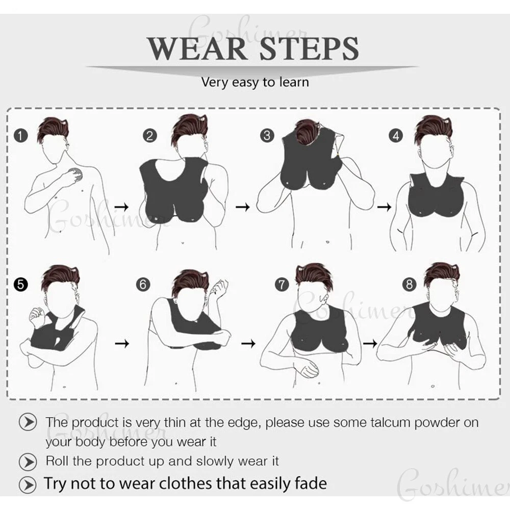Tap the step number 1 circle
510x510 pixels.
tap(21, 136)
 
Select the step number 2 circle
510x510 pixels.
tap(150, 136)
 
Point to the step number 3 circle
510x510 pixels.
tap(267, 135)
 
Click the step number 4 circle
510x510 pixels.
tap(396, 136)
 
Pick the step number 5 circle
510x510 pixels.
tap(21, 285)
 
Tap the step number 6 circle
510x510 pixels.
tap(143, 285)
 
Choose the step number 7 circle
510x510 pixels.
tap(282, 285)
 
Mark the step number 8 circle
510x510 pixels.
tap(409, 285)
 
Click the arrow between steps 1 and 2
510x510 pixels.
tap(122, 207)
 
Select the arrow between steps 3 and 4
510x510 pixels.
tap(384, 207)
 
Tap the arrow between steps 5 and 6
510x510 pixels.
tap(122, 343)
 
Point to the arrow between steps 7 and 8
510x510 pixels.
tap(370, 343)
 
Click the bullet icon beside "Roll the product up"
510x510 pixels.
tap(28, 462)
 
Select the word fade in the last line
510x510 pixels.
tap(311, 483)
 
